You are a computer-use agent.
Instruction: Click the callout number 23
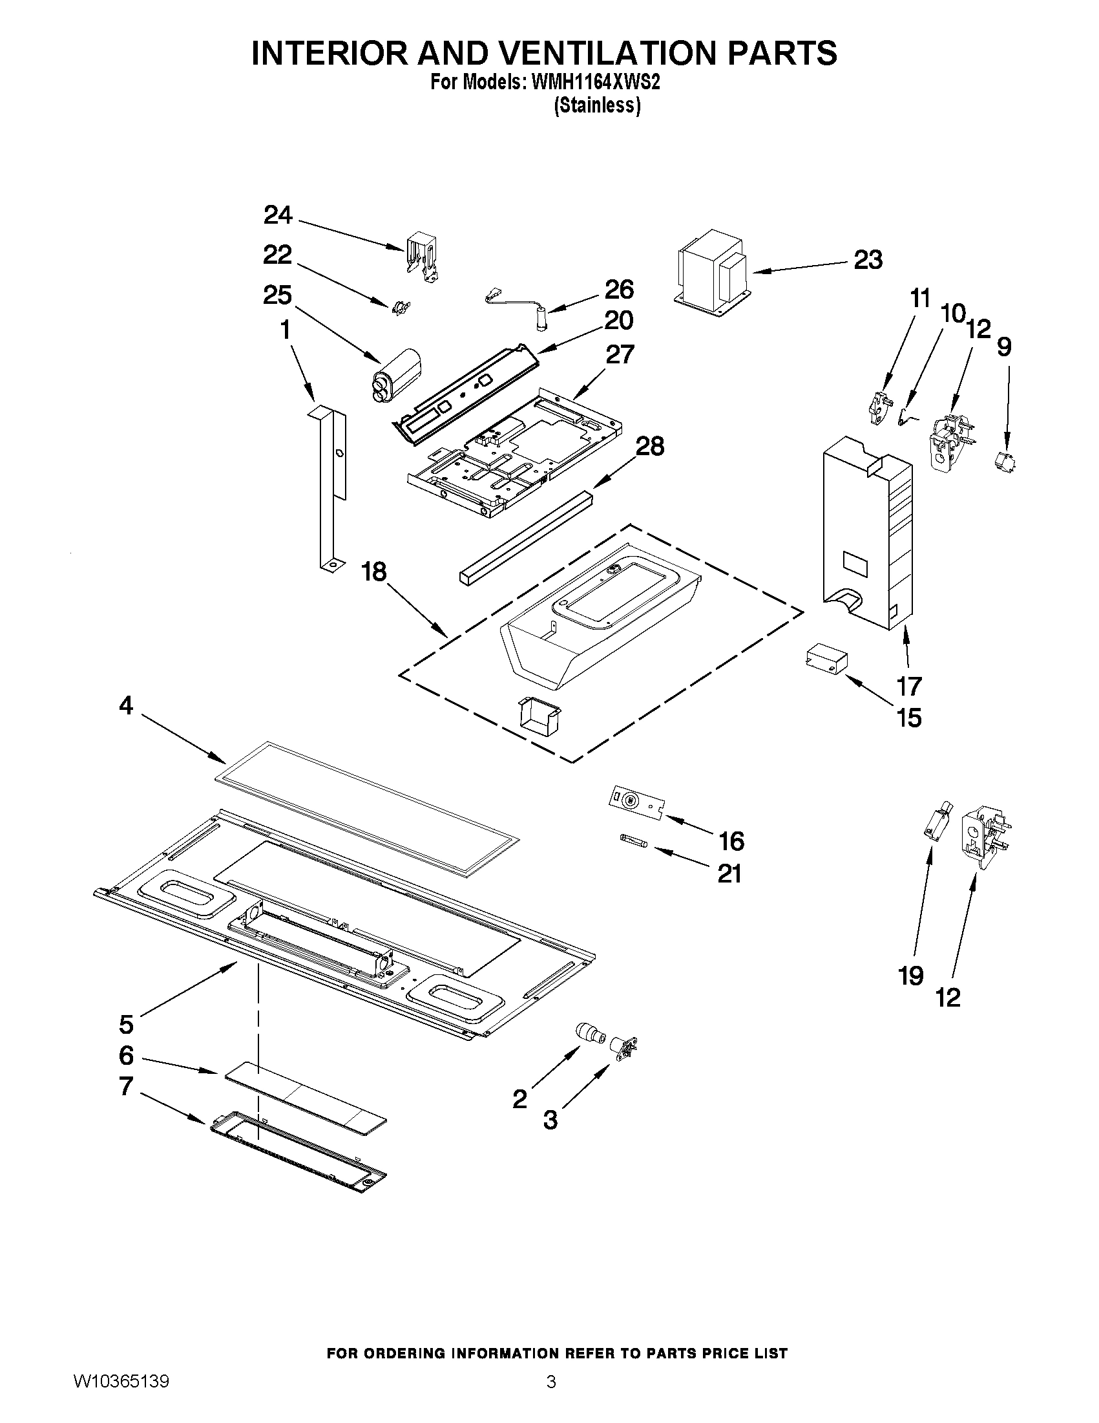tap(868, 260)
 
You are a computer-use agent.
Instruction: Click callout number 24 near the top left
tap(278, 215)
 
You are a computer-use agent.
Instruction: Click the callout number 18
tap(374, 572)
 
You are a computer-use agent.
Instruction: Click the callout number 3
tap(550, 1119)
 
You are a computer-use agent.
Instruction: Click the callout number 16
tap(731, 841)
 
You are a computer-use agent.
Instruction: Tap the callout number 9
tap(1005, 347)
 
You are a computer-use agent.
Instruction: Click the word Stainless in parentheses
tap(597, 105)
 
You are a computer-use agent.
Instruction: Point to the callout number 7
tap(126, 1086)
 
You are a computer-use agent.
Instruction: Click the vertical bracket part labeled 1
tap(331, 486)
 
